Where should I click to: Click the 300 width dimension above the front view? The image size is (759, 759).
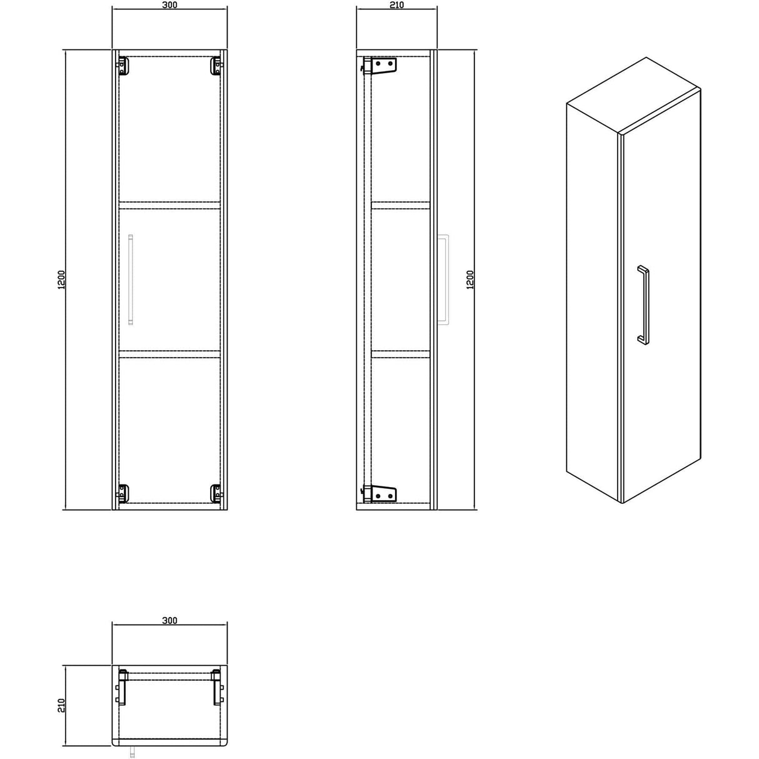click(x=169, y=6)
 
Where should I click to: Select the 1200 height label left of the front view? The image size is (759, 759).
click(x=61, y=279)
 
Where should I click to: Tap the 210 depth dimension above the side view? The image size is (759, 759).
click(x=396, y=6)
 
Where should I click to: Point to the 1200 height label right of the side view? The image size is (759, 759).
click(x=470, y=279)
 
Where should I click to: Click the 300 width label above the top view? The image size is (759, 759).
click(x=169, y=621)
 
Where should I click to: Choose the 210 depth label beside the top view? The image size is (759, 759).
click(x=61, y=706)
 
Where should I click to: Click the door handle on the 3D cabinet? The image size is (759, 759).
click(x=643, y=304)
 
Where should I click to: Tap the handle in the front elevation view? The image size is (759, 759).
click(x=130, y=279)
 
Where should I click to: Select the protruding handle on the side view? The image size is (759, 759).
click(x=444, y=279)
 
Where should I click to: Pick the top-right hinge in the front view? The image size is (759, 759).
click(x=216, y=66)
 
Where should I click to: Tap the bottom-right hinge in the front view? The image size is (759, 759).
click(x=216, y=493)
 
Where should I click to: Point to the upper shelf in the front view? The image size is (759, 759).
click(x=169, y=203)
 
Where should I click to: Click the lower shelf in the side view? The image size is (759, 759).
click(x=401, y=353)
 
